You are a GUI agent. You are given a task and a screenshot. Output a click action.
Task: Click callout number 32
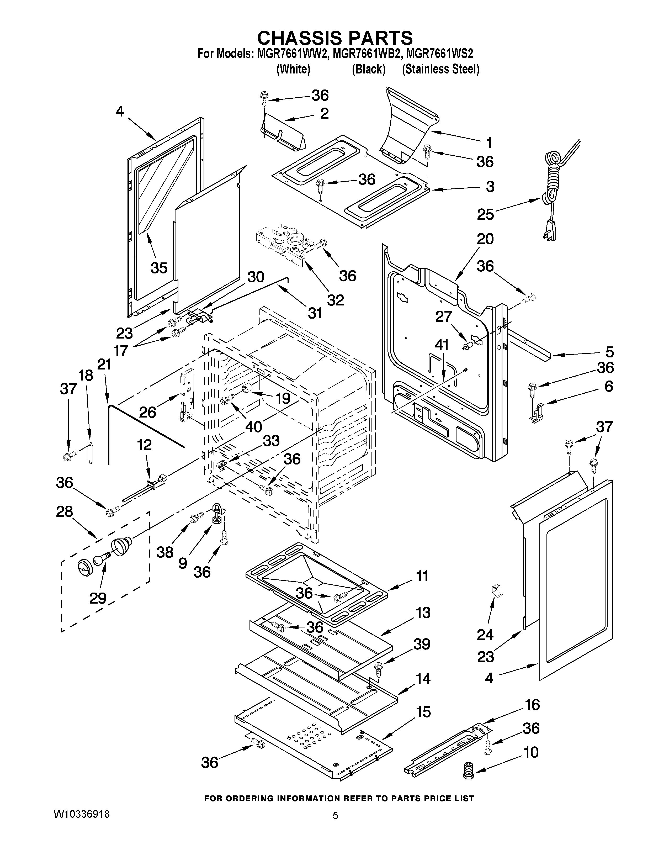(335, 300)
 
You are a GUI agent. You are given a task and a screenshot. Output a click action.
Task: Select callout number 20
(485, 239)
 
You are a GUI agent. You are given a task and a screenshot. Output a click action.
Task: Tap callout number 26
(147, 412)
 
